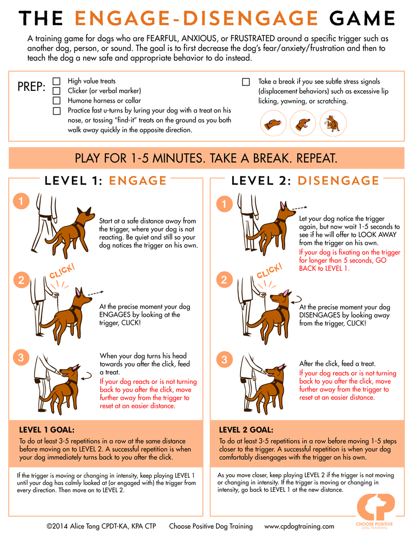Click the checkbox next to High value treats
tap(56, 82)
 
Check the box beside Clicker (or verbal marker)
tap(56, 91)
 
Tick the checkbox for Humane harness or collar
tap(56, 101)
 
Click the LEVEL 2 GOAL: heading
tap(246, 429)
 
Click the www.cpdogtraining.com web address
tap(299, 526)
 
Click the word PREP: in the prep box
tap(31, 86)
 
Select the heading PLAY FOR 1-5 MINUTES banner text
tap(206, 158)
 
